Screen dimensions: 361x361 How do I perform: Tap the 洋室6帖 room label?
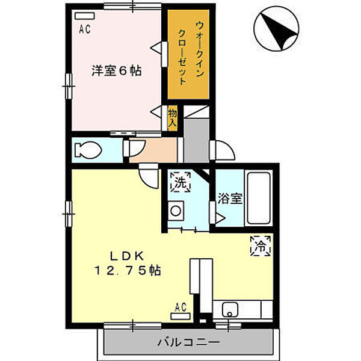[116, 71]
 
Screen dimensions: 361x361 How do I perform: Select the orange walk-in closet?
[188, 55]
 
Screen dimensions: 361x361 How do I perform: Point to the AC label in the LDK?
[181, 307]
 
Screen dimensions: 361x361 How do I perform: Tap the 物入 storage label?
[173, 116]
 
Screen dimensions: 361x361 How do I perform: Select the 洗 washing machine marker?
[180, 181]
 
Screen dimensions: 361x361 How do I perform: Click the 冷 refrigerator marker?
[262, 245]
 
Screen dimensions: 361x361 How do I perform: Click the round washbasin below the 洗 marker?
[176, 211]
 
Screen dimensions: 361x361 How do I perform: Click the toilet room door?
[133, 148]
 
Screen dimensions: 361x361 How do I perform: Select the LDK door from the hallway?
[146, 176]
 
